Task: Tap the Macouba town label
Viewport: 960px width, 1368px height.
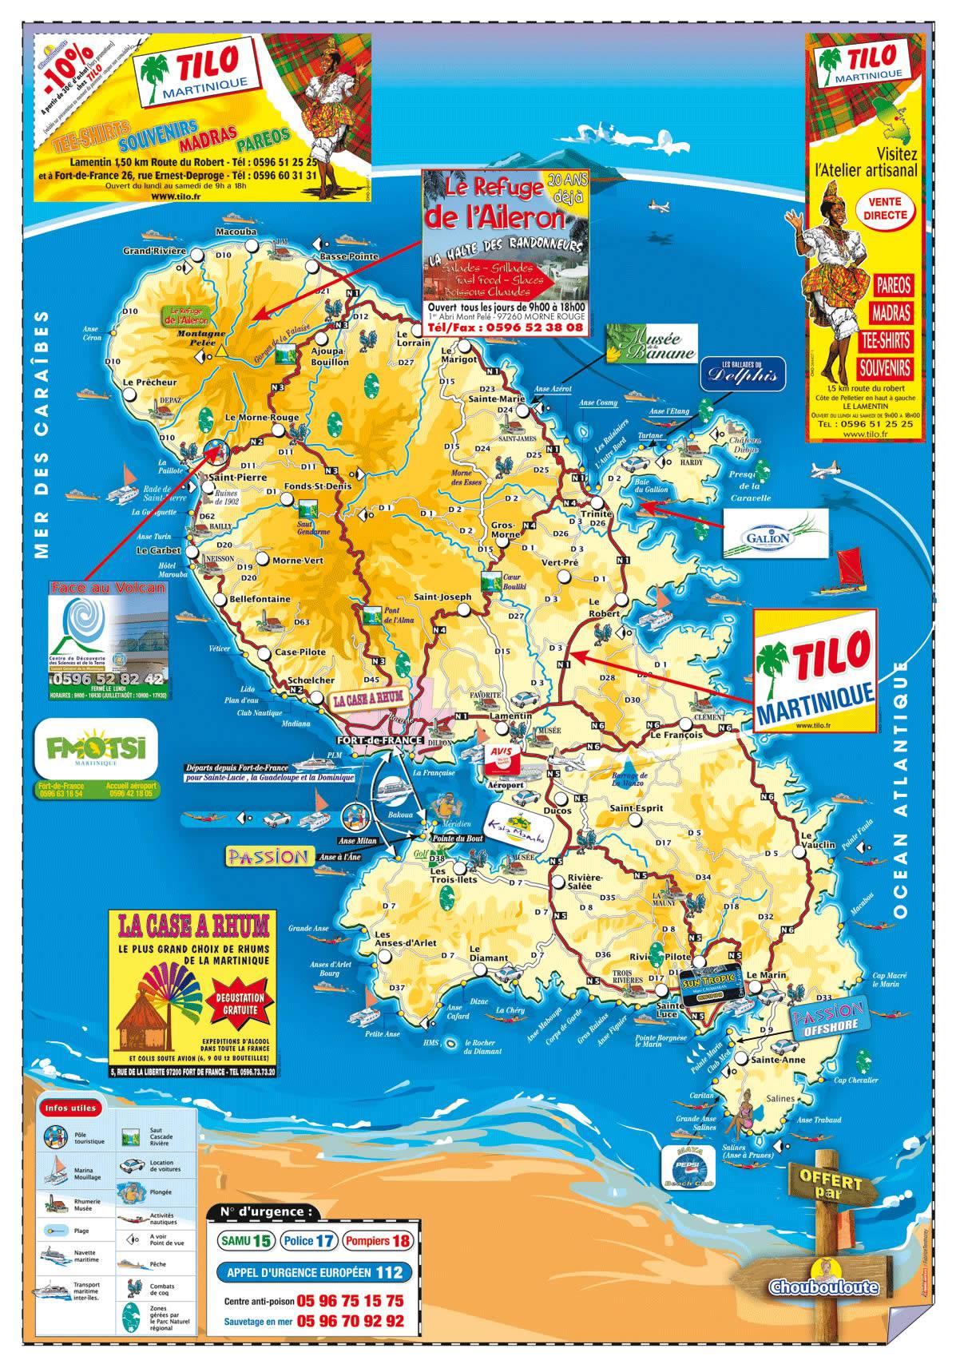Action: point(236,232)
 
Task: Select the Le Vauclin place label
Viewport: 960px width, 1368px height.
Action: point(816,844)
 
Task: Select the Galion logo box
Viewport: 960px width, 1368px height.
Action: point(773,534)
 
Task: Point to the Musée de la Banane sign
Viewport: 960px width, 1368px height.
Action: point(649,343)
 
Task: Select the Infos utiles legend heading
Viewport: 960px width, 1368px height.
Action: point(71,1108)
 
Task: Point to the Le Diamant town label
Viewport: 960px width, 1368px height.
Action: point(489,958)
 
